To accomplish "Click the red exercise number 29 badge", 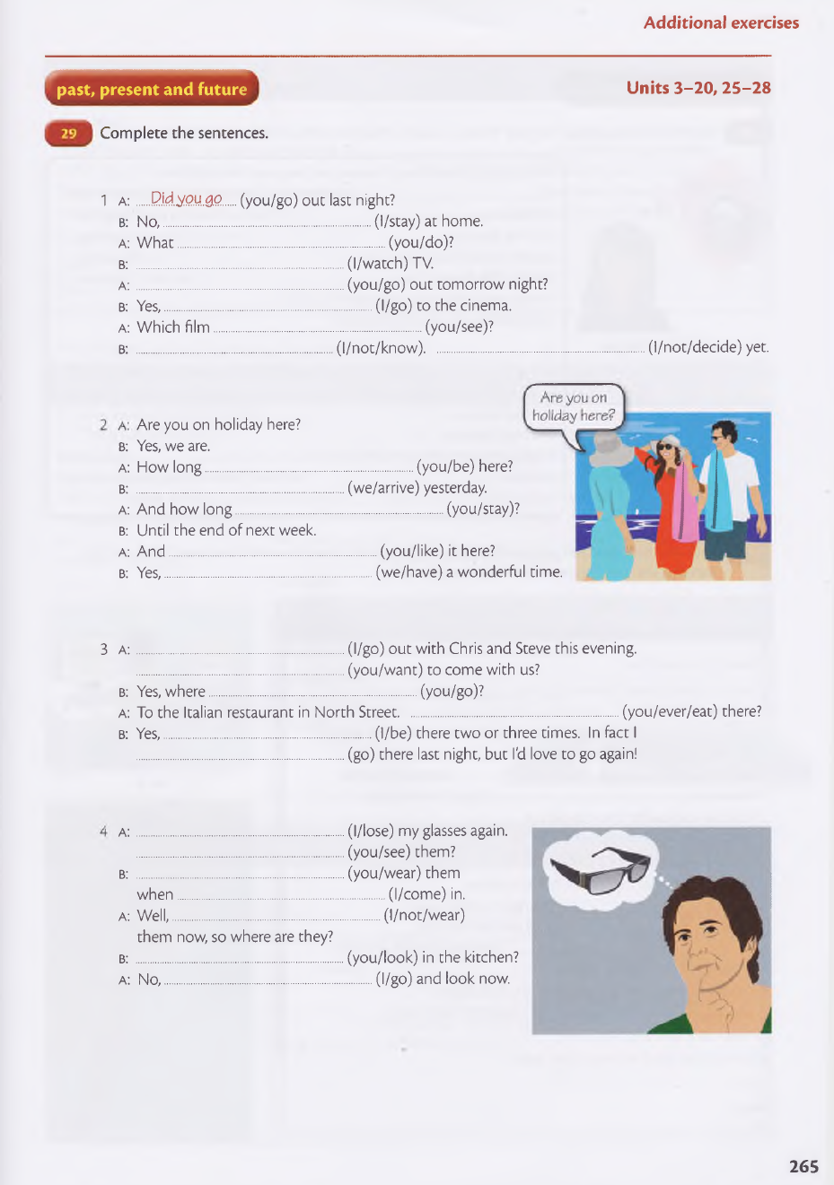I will coord(68,134).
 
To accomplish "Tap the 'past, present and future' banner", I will coord(151,89).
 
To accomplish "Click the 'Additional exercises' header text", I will coord(720,23).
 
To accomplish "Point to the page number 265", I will coord(803,1166).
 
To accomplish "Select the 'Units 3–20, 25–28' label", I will coord(698,88).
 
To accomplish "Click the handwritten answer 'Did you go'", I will coord(186,198).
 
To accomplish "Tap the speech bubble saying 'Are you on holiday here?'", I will coord(573,406).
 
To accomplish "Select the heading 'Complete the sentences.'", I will coord(184,133).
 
